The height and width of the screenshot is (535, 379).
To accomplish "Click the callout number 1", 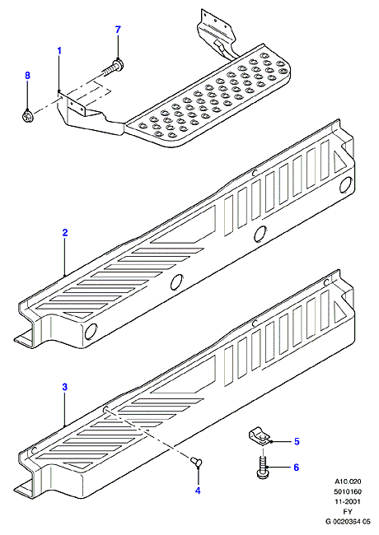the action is [59, 51].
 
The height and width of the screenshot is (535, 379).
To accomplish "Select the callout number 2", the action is [65, 233].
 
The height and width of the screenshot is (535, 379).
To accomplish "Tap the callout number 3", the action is [65, 387].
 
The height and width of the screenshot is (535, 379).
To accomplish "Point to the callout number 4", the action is [198, 491].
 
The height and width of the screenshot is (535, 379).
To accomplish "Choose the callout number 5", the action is [297, 441].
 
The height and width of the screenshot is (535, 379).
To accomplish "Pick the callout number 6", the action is [296, 468].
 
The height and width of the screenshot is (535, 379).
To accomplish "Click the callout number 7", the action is [118, 30].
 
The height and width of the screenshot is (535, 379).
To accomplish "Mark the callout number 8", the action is [28, 75].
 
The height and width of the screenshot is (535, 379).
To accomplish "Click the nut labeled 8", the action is [27, 115].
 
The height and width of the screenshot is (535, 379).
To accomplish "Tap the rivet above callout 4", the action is [196, 461].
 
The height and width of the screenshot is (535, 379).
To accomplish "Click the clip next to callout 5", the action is [258, 435].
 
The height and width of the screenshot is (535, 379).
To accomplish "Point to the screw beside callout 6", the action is [262, 465].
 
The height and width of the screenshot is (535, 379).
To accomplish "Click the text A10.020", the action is [347, 481].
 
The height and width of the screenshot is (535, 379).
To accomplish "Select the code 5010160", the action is [348, 491].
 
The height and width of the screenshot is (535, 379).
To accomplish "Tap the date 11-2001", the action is [348, 501].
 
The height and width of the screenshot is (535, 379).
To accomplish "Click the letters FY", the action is [348, 511].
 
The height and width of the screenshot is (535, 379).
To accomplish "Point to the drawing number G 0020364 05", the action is [348, 521].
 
